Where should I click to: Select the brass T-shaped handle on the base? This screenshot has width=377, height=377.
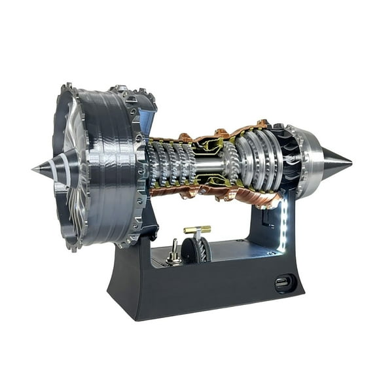(x=197, y=230)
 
